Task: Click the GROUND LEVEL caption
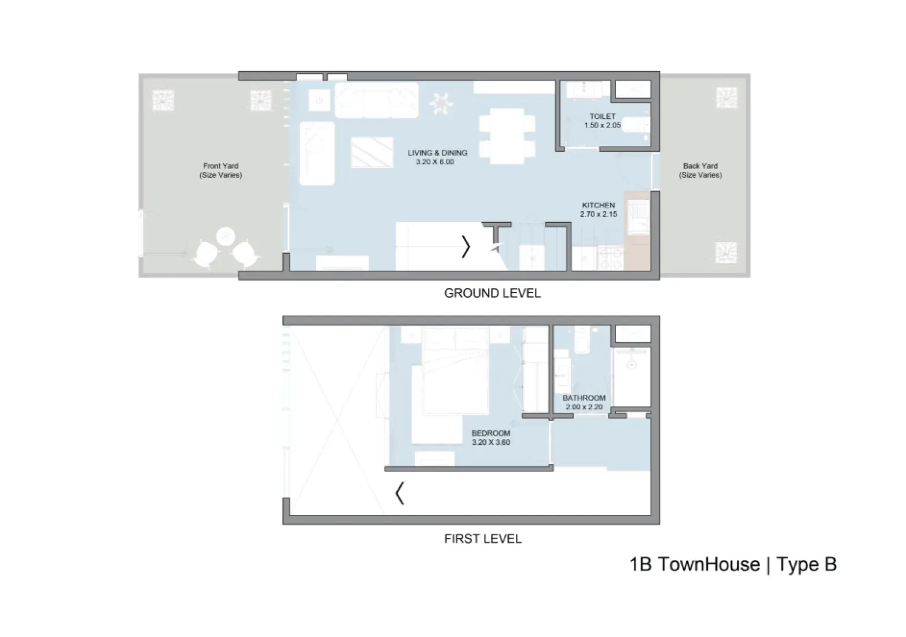[492, 294]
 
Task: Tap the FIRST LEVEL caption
[483, 539]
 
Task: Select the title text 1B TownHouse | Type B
[732, 565]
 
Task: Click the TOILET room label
[602, 116]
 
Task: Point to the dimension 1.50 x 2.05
[602, 126]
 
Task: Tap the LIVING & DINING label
[437, 153]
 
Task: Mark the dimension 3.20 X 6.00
[435, 162]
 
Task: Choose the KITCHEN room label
[598, 205]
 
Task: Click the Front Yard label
[221, 166]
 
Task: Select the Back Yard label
[700, 166]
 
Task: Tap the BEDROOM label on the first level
[490, 433]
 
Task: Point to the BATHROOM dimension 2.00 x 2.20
[584, 407]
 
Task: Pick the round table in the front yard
[226, 236]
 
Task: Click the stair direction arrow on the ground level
[466, 247]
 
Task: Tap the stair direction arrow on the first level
[399, 493]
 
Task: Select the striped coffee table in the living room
[372, 152]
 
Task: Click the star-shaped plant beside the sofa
[441, 103]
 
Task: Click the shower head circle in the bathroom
[632, 365]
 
